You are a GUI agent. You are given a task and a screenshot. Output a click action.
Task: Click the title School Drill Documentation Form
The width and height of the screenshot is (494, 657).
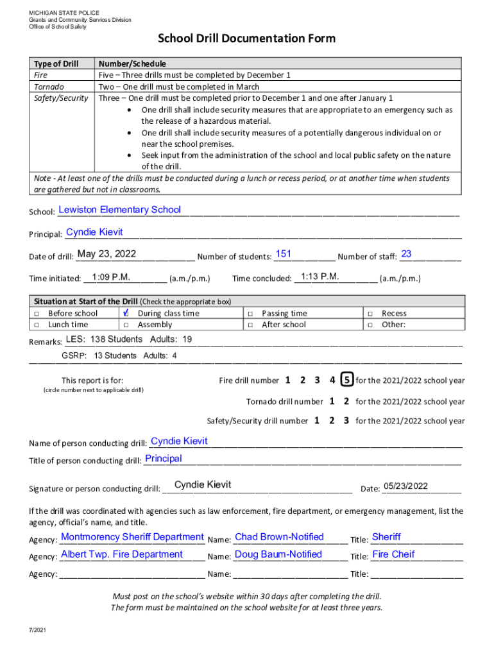pyautogui.click(x=246, y=39)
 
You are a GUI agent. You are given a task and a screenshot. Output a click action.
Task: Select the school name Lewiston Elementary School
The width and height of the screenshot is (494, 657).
pyautogui.click(x=119, y=210)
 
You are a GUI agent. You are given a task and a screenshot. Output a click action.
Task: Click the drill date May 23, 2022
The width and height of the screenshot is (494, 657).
pyautogui.click(x=106, y=254)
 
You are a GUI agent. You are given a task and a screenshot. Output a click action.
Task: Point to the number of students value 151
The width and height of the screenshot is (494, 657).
pyautogui.click(x=283, y=254)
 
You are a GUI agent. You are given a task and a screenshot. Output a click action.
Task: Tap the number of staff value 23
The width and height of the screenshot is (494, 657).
pyautogui.click(x=405, y=254)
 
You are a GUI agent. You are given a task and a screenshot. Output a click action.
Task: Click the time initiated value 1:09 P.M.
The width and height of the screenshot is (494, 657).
pyautogui.click(x=111, y=277)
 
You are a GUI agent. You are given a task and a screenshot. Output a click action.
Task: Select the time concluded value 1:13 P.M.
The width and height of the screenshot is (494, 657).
pyautogui.click(x=319, y=277)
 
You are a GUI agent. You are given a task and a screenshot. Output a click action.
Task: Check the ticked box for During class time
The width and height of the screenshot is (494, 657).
pyautogui.click(x=126, y=313)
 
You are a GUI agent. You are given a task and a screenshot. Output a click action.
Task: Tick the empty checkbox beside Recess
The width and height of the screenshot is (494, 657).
pyautogui.click(x=370, y=313)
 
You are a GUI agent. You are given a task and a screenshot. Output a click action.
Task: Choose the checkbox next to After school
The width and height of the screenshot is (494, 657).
pyautogui.click(x=250, y=325)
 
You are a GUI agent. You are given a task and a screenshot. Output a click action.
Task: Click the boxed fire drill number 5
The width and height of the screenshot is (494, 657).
pyautogui.click(x=346, y=380)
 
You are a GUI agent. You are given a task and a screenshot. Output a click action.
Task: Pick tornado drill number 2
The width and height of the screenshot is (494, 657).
pyautogui.click(x=346, y=402)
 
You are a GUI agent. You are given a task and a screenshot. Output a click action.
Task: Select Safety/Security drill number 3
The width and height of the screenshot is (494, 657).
pyautogui.click(x=346, y=421)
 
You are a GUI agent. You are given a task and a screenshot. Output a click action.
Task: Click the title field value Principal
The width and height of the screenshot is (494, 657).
pyautogui.click(x=164, y=459)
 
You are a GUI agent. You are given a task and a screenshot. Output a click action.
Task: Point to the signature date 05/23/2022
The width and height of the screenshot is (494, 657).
pyautogui.click(x=405, y=486)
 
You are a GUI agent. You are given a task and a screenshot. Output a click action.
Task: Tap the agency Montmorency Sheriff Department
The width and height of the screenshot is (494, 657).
pyautogui.click(x=132, y=537)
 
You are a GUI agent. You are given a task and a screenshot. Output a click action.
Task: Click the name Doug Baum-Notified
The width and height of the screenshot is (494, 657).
pyautogui.click(x=278, y=554)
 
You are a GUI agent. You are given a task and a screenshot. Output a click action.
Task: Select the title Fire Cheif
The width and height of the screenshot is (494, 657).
pyautogui.click(x=393, y=554)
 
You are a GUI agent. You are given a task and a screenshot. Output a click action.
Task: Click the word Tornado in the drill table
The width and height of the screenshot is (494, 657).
pyautogui.click(x=49, y=87)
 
